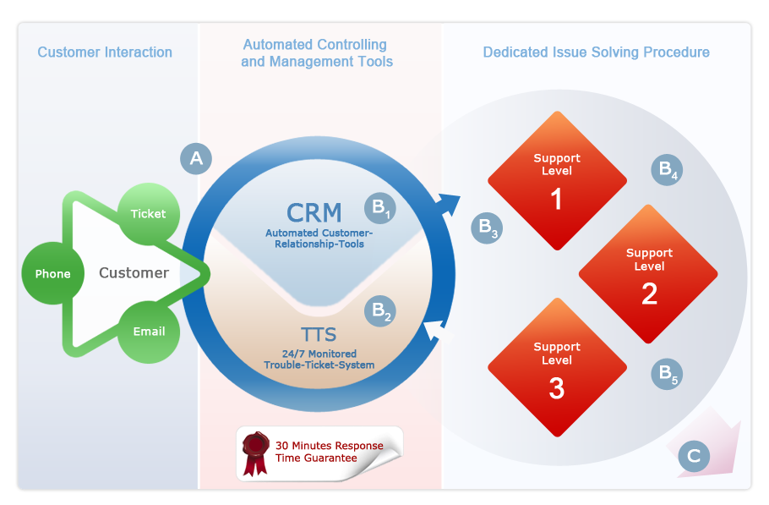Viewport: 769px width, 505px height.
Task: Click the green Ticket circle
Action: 149,214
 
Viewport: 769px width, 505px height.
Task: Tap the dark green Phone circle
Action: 53,273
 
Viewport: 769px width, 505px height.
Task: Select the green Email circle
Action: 149,332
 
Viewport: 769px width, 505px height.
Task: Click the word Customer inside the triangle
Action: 134,273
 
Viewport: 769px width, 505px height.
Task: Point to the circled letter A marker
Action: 196,158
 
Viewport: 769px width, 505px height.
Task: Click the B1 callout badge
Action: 380,208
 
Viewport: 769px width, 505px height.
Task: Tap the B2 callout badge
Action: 380,311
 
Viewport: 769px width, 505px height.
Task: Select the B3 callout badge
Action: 487,228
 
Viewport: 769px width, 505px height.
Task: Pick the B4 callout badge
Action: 667,170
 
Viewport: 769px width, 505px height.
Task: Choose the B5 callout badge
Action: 667,374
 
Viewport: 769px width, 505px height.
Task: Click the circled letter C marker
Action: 694,456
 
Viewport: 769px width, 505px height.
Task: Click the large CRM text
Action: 314,213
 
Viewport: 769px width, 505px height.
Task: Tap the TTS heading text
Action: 319,335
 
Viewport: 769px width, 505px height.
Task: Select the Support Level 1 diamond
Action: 557,181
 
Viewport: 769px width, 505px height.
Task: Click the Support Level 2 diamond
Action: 648,274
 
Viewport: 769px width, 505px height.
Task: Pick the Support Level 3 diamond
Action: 557,367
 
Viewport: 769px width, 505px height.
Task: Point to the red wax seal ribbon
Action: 255,453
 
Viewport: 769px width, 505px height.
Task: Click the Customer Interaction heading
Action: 105,52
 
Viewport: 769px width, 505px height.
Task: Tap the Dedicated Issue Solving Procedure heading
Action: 597,52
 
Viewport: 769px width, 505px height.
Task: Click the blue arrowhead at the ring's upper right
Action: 449,204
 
